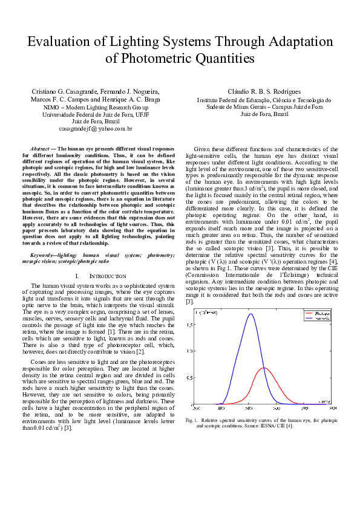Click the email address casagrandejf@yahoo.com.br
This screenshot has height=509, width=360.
[x=96, y=129]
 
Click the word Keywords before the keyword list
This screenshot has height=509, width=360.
[x=43, y=256]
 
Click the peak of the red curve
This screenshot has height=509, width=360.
[x=263, y=368]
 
